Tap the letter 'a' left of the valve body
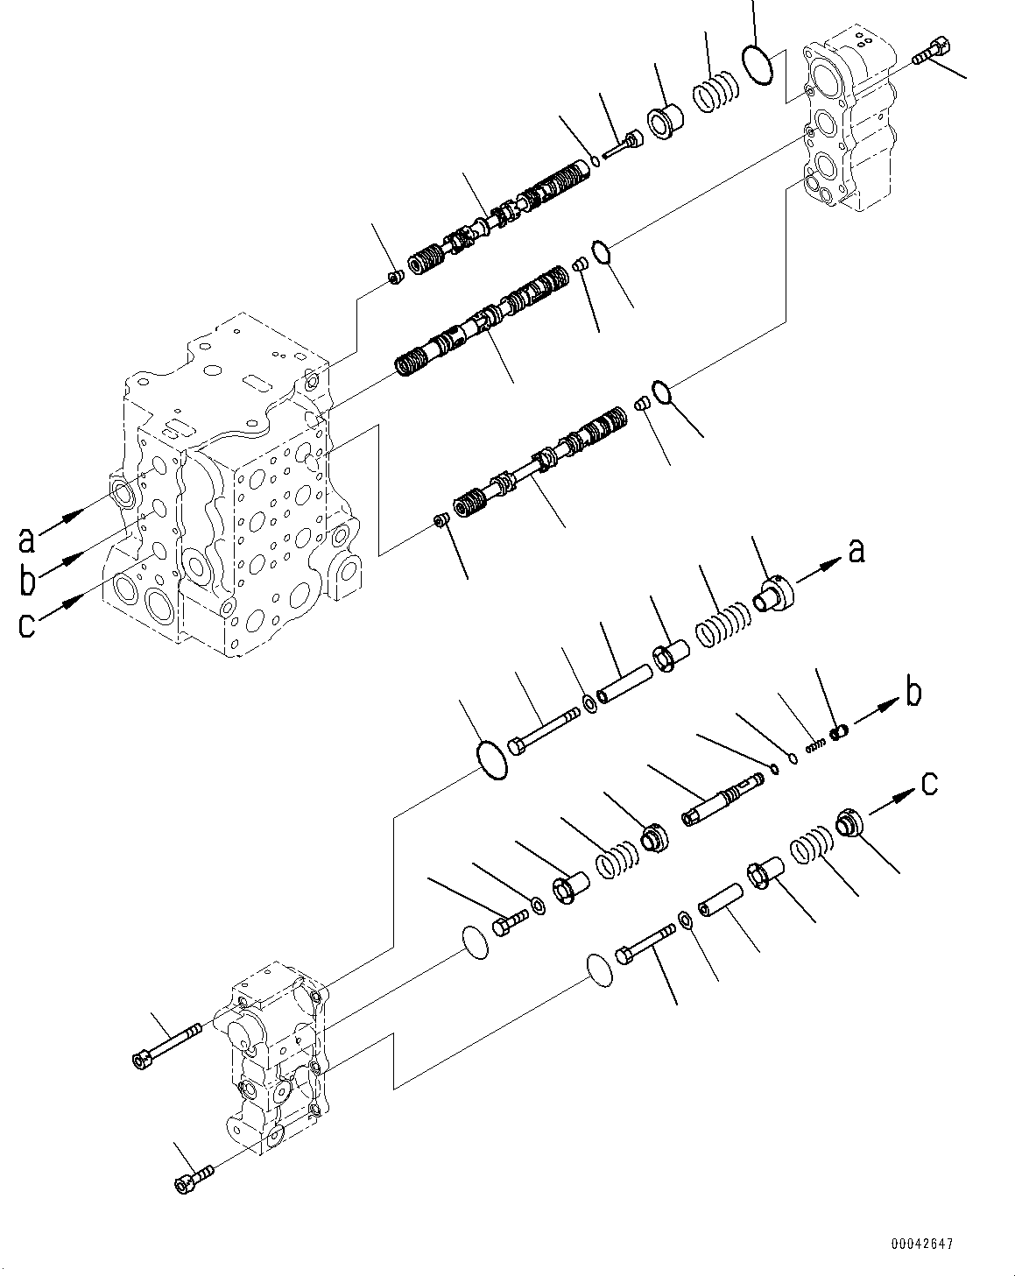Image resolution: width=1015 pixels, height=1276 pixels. point(27,539)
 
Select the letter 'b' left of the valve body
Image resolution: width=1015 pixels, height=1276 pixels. point(27,580)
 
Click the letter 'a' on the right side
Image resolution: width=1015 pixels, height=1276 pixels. point(856,551)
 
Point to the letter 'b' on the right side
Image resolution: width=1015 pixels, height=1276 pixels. point(913,693)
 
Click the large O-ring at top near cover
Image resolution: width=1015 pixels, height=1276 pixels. point(758,66)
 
